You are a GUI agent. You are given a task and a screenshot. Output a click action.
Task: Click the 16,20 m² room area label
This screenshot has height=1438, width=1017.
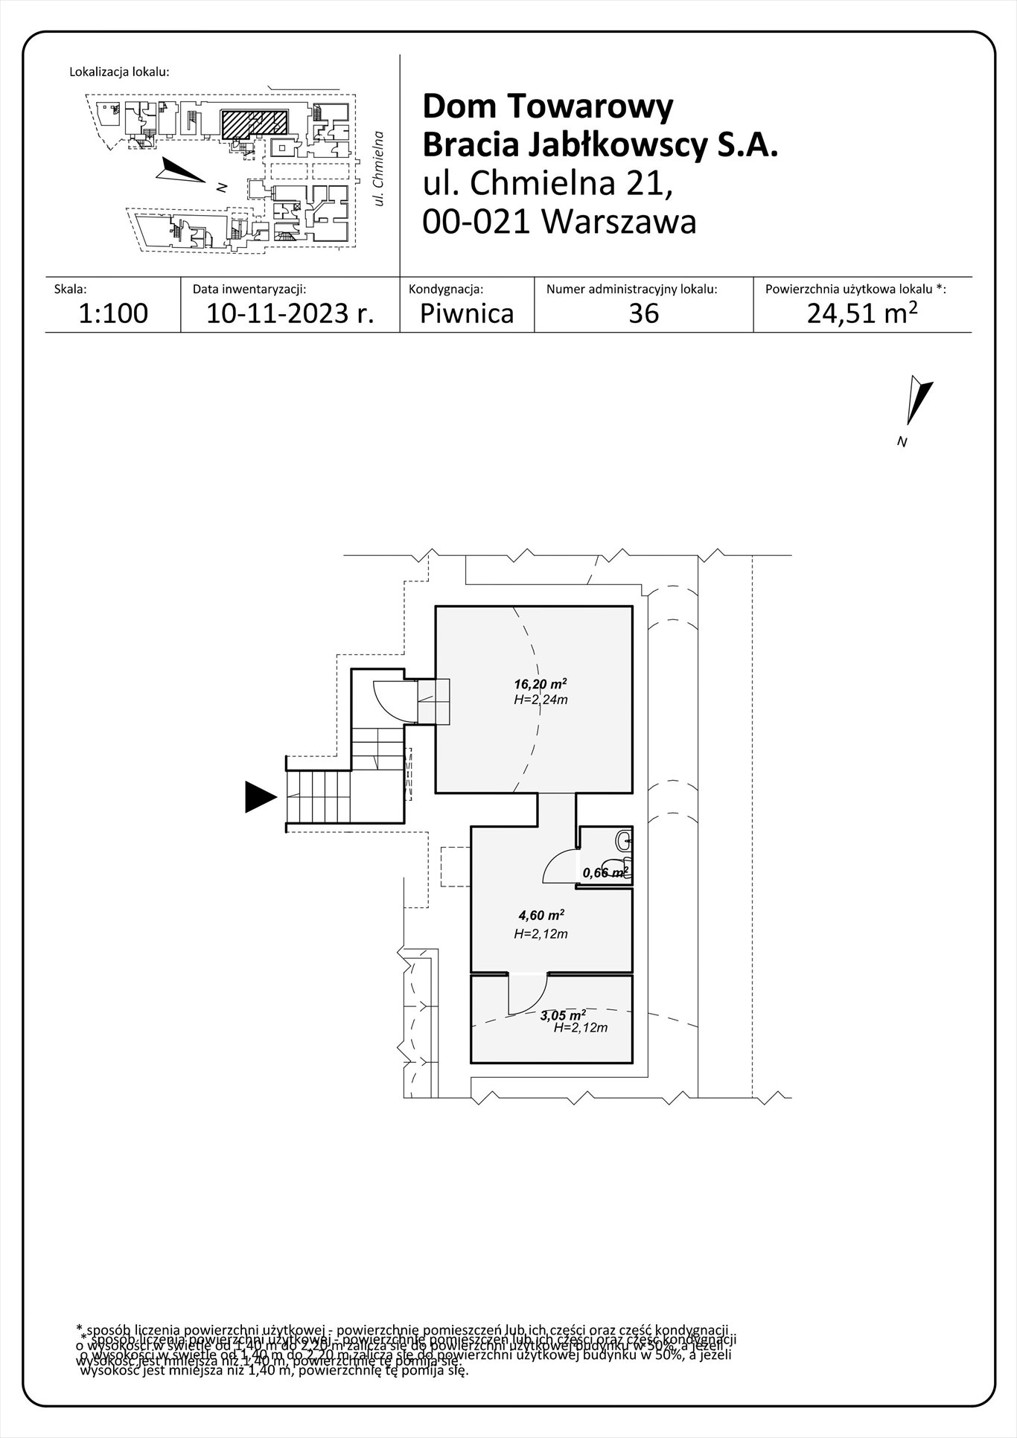[541, 683]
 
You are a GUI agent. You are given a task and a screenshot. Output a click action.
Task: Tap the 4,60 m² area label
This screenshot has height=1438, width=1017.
[541, 915]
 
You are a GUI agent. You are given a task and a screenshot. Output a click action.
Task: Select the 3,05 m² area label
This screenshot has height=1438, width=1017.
[563, 1015]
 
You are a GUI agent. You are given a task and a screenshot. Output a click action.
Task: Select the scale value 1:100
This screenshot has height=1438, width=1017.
[113, 313]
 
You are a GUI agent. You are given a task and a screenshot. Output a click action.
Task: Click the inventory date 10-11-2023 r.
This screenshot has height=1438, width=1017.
[290, 313]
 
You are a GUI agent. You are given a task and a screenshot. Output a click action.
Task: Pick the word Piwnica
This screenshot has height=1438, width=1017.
[467, 313]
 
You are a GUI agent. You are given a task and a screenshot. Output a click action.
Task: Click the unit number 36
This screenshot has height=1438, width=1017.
[643, 313]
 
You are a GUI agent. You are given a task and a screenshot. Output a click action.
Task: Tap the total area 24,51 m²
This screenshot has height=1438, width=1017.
[861, 313]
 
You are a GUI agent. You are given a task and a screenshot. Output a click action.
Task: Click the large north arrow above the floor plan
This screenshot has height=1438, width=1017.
[919, 402]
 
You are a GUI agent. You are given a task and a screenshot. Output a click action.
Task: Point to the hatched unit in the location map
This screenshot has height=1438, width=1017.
[254, 123]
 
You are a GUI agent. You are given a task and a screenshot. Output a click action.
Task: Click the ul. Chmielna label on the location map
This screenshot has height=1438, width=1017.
[379, 168]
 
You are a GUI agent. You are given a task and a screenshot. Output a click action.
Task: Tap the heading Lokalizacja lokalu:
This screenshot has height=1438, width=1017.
[119, 72]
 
